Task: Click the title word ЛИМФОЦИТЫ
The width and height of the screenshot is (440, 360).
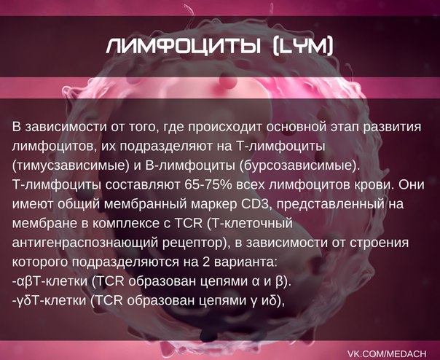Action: coord(183,46)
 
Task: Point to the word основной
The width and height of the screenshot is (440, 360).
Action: coord(296,127)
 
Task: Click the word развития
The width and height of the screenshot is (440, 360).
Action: coord(391,128)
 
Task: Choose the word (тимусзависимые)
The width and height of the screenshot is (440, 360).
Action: coord(68,166)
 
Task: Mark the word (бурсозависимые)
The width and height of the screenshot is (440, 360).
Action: coord(299,166)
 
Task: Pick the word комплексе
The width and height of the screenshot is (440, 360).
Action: coord(122,224)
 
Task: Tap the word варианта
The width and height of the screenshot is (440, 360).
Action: coord(245,262)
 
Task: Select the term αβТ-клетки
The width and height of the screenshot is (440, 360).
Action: coord(50,281)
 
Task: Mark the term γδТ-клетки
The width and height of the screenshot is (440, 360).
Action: coord(49,301)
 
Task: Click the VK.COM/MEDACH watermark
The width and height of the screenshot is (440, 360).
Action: coord(388,353)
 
